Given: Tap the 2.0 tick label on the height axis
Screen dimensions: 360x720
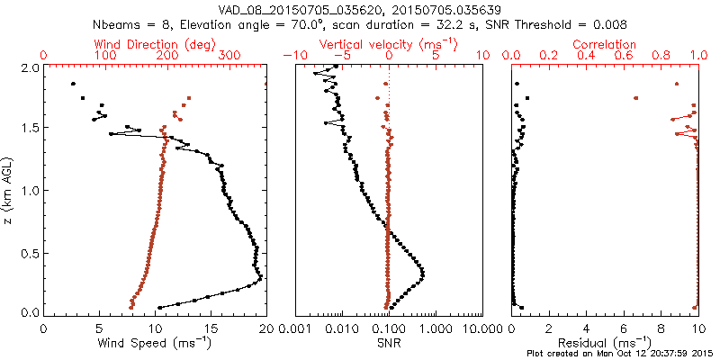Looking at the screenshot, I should point(30,67).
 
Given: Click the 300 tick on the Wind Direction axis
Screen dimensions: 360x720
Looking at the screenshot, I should point(229,56).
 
